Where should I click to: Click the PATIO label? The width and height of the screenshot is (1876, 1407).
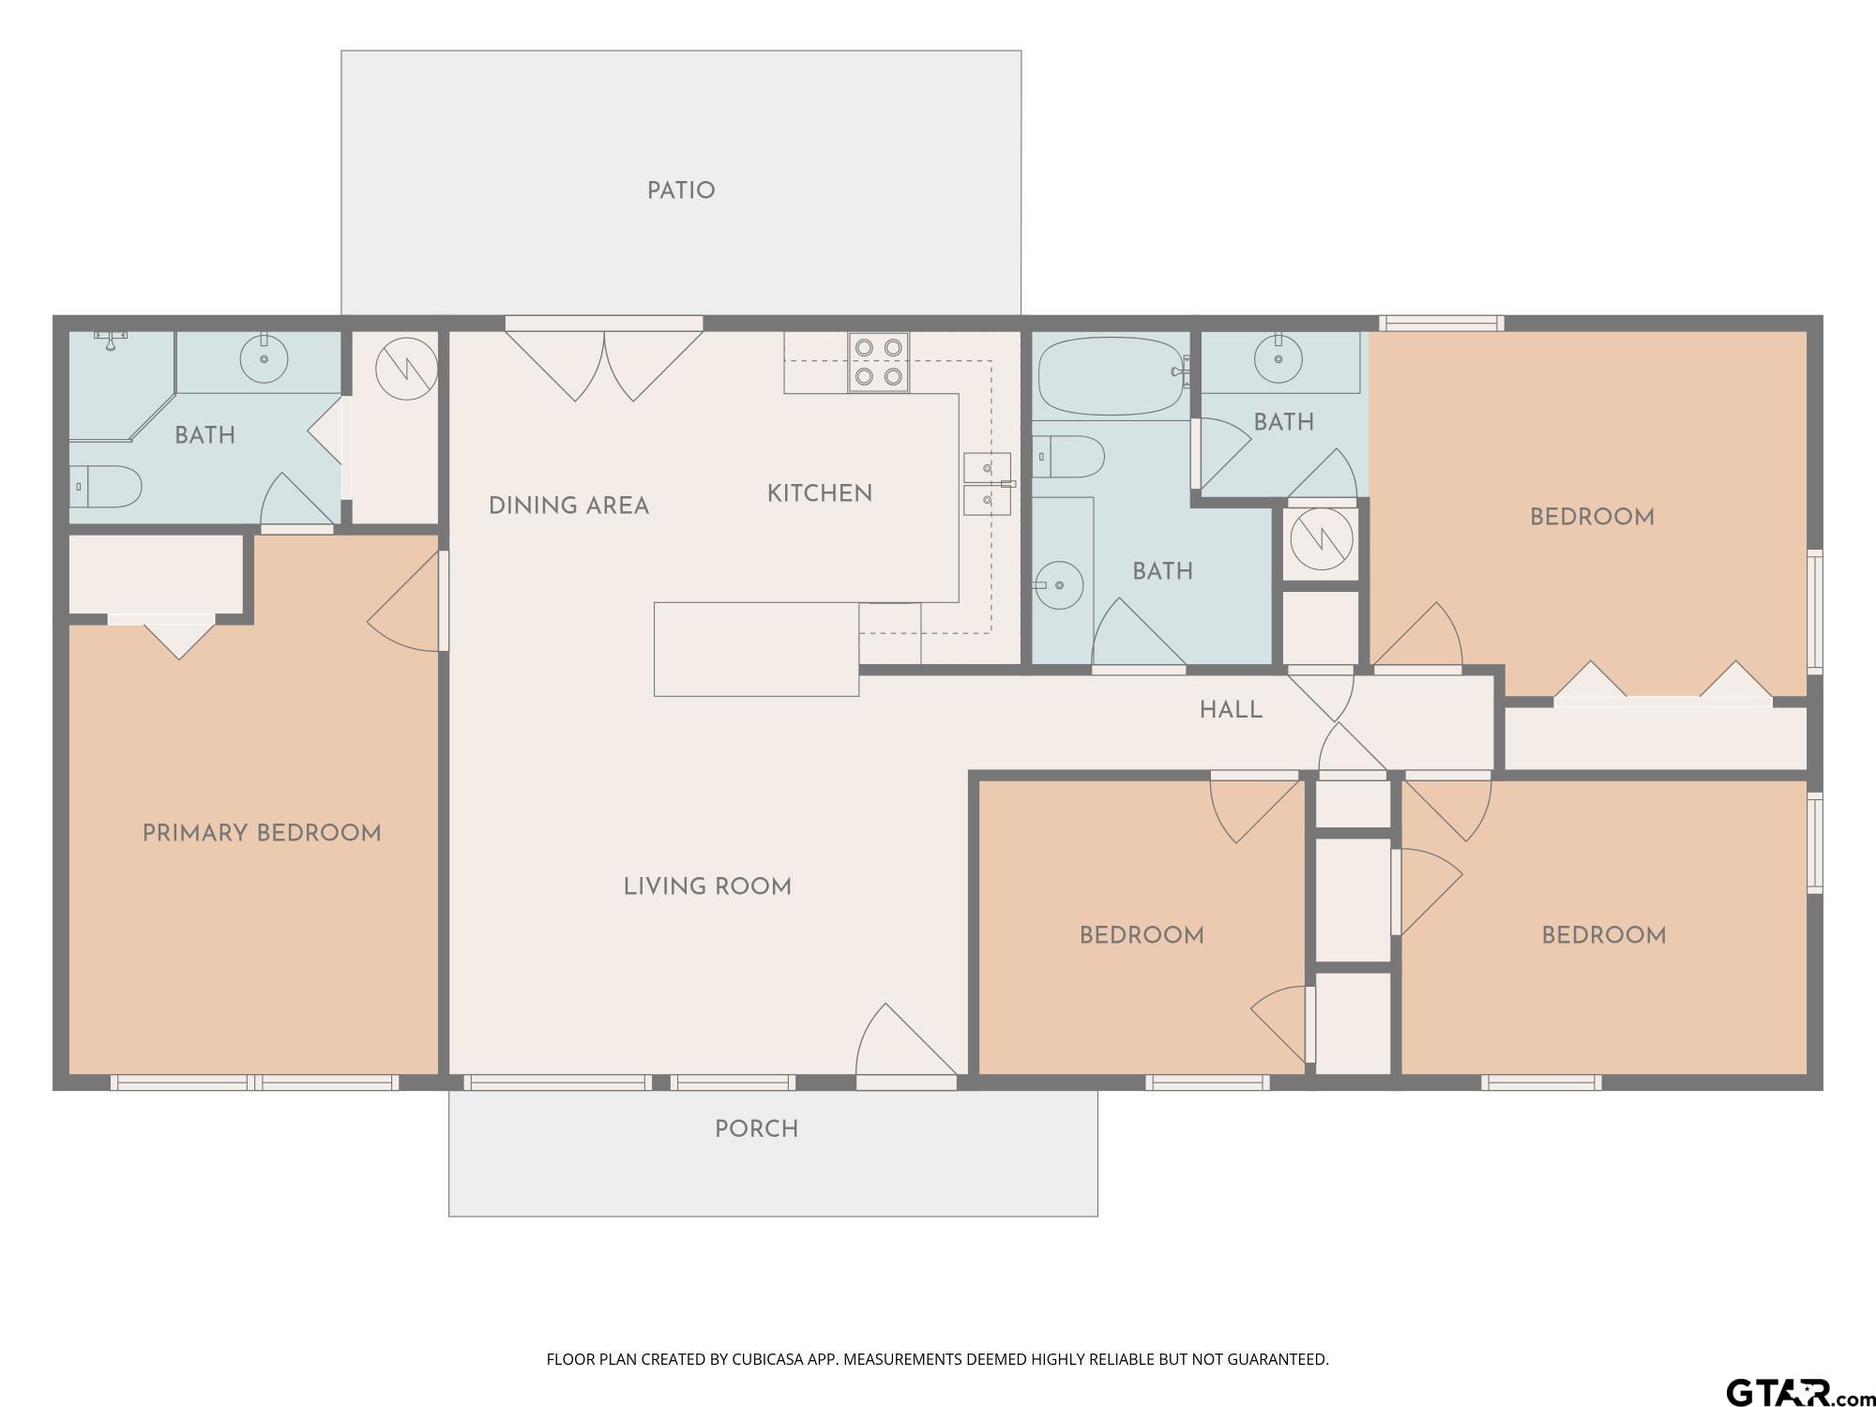(x=681, y=191)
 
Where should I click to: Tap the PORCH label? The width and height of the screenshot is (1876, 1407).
(x=756, y=1129)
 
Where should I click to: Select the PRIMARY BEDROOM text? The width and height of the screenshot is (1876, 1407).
(x=262, y=833)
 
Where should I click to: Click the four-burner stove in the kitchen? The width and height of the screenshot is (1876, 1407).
(x=878, y=362)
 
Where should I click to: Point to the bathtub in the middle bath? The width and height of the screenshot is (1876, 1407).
(x=1111, y=376)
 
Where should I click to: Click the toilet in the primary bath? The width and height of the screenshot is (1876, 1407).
(x=105, y=487)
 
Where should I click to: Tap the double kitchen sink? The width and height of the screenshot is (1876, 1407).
(x=988, y=484)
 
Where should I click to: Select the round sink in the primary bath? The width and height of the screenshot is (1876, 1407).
(x=265, y=358)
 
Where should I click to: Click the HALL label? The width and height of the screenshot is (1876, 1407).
(x=1231, y=710)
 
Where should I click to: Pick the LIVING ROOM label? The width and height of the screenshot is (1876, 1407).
(x=707, y=886)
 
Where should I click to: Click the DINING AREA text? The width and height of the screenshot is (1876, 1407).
(x=568, y=507)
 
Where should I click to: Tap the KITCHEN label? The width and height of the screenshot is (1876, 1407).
(x=820, y=493)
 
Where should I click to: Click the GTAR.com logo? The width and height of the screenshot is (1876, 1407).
(x=1796, y=1393)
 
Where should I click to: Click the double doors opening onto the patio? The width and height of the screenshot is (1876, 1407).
(x=604, y=361)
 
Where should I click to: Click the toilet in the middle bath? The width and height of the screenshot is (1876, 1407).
(x=1068, y=457)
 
